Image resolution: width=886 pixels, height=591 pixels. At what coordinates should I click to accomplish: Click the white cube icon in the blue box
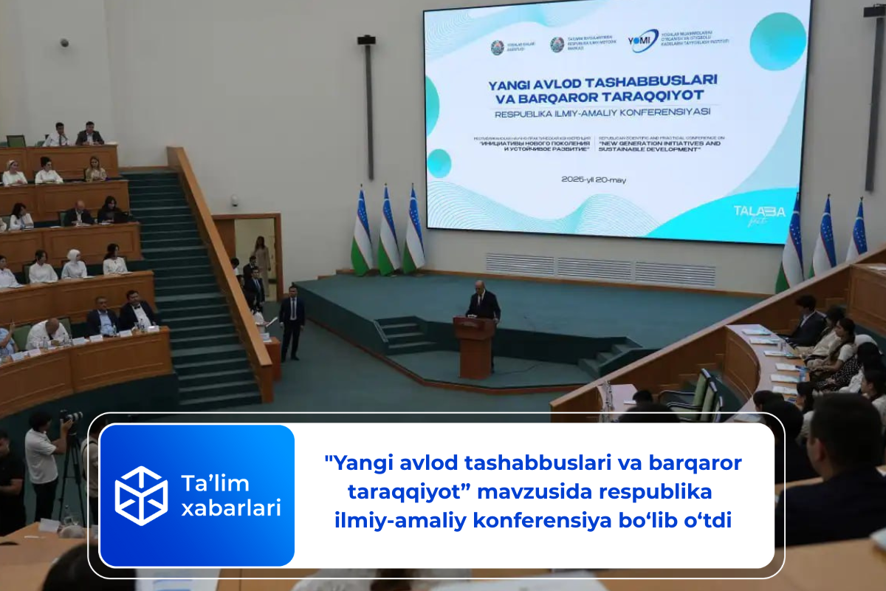[x=141, y=496]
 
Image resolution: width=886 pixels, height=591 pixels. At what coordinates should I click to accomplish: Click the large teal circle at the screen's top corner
[x=777, y=41]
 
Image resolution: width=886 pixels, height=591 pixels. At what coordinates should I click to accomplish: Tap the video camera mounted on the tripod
[x=72, y=417]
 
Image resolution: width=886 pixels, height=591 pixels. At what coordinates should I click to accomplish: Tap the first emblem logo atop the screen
[x=497, y=47]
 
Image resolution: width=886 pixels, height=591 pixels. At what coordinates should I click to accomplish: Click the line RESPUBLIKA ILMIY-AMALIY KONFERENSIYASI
[x=601, y=113]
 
